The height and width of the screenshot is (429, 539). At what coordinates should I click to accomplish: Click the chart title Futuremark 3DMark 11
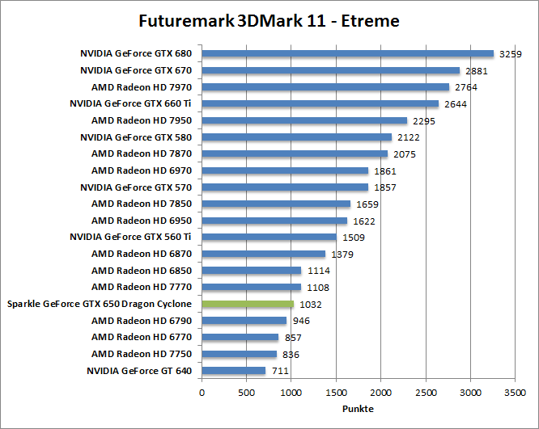(x=269, y=20)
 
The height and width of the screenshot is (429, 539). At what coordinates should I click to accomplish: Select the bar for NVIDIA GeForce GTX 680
(x=347, y=54)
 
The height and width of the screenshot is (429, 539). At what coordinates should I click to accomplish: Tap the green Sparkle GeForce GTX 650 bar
(x=248, y=304)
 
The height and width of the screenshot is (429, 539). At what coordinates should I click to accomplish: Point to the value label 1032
(x=311, y=304)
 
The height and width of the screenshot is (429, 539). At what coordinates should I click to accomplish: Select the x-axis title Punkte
(x=358, y=409)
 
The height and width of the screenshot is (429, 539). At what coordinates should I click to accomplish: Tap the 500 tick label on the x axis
(x=246, y=392)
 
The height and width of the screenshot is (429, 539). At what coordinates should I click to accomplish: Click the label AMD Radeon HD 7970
(x=142, y=87)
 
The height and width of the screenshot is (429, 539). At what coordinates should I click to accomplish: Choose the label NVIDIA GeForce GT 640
(x=139, y=371)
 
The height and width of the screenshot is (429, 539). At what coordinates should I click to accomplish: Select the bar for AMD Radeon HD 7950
(x=304, y=120)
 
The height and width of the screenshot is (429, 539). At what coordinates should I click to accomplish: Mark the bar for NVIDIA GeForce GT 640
(x=233, y=371)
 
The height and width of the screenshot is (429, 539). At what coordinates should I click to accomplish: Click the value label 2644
(x=456, y=104)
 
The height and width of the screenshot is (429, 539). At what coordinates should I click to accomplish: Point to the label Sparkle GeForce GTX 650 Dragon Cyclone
(x=100, y=304)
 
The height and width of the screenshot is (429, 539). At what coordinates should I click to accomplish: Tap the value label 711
(x=280, y=371)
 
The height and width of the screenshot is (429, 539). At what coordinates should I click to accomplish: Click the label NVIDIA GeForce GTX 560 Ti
(x=130, y=238)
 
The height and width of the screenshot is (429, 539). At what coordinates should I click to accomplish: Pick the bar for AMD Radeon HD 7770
(x=251, y=288)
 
